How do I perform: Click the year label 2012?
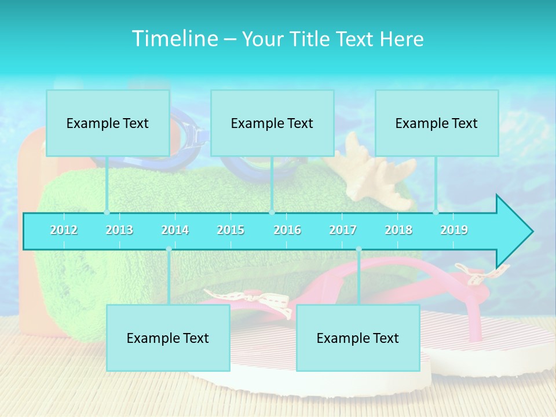pos(64,230)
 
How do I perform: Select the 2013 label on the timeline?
pos(119,230)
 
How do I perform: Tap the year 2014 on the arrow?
pos(175,230)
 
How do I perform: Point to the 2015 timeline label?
pos(231,230)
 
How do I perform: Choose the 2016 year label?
pos(287,230)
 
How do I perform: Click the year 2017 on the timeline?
pos(343,230)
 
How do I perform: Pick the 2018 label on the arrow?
pos(398,230)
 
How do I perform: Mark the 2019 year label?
pos(454,230)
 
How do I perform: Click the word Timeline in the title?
pos(174,39)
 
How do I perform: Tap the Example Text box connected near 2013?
pos(108,123)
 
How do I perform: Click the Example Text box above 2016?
pos(272,123)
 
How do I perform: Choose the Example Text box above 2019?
pos(437,123)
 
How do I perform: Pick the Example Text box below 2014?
pos(168,338)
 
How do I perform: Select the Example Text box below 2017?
pos(358,338)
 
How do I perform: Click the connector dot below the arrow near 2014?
pos(169,249)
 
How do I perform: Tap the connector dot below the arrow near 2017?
pos(359,249)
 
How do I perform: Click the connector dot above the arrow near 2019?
pos(436,212)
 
